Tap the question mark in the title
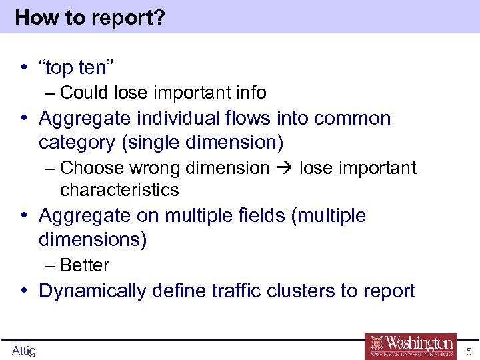click(x=159, y=17)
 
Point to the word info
click(x=249, y=93)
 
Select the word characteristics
click(x=119, y=190)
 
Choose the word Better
click(x=85, y=265)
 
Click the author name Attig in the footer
click(x=24, y=351)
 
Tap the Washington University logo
click(x=411, y=345)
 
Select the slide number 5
click(x=468, y=351)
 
